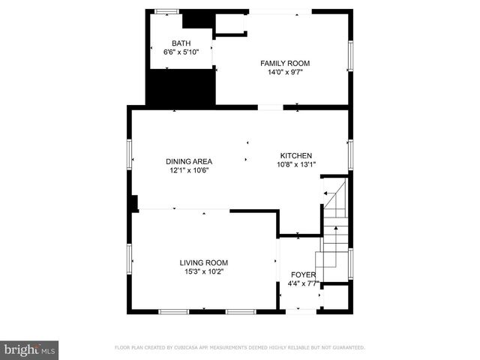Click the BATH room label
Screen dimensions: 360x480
point(181,43)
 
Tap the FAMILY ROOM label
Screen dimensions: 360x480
point(285,63)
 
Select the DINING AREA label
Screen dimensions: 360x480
point(189,160)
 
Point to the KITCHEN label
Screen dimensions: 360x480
point(296,155)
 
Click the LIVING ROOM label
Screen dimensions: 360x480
point(202,262)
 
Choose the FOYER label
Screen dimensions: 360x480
point(304,274)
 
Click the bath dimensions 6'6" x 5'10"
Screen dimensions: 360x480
point(181,52)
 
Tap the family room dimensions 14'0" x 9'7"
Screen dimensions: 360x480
point(285,73)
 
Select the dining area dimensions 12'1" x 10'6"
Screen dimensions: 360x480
point(189,170)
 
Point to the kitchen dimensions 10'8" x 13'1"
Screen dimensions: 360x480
point(296,164)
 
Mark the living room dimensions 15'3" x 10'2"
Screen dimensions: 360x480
point(202,271)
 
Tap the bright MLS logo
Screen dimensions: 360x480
point(30,349)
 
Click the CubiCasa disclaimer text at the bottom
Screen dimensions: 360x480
point(239,347)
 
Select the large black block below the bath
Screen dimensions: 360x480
point(180,87)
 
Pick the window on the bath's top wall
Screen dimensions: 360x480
point(166,10)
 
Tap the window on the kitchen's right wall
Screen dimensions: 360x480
point(350,154)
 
